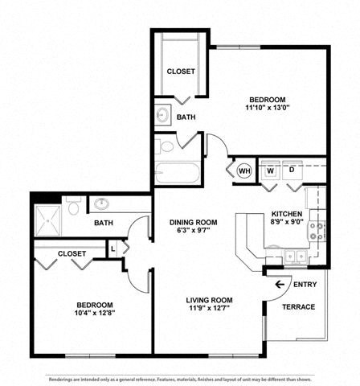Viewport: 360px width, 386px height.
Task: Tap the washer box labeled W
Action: pyautogui.click(x=269, y=170)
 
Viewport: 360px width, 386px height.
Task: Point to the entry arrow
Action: pyautogui.click(x=280, y=285)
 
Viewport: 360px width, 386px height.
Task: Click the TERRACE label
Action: pyautogui.click(x=298, y=307)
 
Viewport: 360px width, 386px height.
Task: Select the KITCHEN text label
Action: pyautogui.click(x=285, y=215)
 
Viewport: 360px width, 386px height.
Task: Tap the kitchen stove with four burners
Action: pyautogui.click(x=317, y=232)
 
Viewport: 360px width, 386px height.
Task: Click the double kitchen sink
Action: pyautogui.click(x=295, y=257)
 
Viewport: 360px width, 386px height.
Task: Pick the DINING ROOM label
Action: pyautogui.click(x=193, y=222)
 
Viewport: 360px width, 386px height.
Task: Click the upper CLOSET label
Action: pyautogui.click(x=181, y=71)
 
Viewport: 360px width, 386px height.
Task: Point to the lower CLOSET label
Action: pyautogui.click(x=72, y=253)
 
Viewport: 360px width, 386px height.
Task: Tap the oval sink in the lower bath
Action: pyautogui.click(x=102, y=204)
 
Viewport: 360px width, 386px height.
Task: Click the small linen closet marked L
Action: pyautogui.click(x=113, y=249)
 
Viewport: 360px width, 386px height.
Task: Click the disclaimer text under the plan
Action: pyautogui.click(x=180, y=378)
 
